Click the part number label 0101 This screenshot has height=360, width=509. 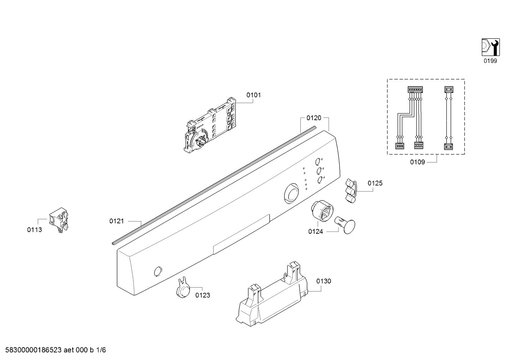(x=253, y=95)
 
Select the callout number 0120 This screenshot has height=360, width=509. (x=314, y=118)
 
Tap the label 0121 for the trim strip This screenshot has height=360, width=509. (x=116, y=221)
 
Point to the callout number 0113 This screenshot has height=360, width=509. (x=35, y=230)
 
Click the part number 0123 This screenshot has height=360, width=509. (x=203, y=295)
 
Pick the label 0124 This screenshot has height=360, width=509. (x=316, y=231)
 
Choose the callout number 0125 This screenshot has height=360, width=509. (x=375, y=183)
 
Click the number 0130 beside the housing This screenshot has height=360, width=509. (x=324, y=281)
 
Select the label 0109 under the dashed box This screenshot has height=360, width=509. (x=418, y=162)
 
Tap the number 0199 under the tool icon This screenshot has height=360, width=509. (x=490, y=61)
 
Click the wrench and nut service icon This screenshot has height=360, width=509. (x=491, y=47)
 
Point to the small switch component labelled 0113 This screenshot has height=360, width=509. (x=59, y=220)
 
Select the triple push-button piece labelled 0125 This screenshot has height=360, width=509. (x=351, y=190)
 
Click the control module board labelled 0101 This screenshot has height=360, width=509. (x=209, y=125)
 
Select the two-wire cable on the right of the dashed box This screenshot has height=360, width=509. (x=448, y=118)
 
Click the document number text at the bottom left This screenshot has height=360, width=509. (x=56, y=350)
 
